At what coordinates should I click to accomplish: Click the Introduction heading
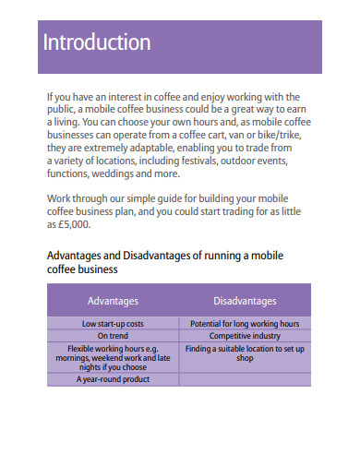point(97,42)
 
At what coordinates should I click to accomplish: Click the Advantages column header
point(113,301)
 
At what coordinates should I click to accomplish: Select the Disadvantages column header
point(245,301)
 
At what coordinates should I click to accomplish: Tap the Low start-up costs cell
point(113,324)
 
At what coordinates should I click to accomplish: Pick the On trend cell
point(113,337)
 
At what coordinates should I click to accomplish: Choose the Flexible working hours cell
point(113,358)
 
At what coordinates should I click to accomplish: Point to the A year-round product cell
point(113,379)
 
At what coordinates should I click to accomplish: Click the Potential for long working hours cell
point(245,324)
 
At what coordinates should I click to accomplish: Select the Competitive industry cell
point(245,337)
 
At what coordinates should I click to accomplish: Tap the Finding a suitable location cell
point(245,353)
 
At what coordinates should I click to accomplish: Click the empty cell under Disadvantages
point(245,379)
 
